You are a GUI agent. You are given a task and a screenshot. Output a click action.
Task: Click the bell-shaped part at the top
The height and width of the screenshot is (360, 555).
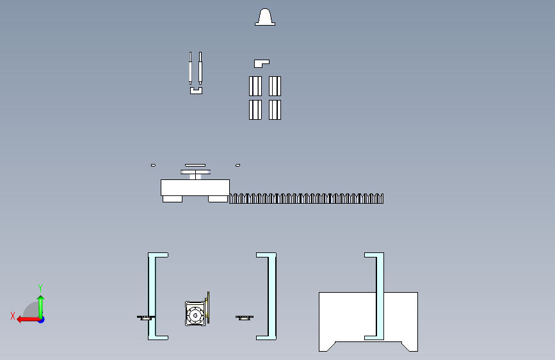[x=265, y=17]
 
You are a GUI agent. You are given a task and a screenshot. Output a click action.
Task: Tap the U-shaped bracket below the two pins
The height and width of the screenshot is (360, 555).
[x=196, y=92]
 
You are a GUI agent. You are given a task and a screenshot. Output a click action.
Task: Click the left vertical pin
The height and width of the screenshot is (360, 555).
[x=190, y=68]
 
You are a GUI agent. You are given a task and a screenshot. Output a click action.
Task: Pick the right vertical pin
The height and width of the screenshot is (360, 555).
[x=200, y=68]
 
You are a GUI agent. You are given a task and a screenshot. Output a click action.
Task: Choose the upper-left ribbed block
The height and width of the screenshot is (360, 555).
[x=255, y=86]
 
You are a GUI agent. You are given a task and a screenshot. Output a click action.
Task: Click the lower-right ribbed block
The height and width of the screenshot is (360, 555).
[x=275, y=110]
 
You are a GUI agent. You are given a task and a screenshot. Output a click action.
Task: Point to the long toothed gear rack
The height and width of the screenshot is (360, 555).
[x=306, y=199]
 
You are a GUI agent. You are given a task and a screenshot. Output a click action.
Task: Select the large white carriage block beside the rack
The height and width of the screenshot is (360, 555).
[x=195, y=188]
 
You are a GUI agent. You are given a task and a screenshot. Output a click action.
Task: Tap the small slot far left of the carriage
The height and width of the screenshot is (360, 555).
[x=153, y=165]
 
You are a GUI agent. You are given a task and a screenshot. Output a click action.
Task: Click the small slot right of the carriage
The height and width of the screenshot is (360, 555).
[x=238, y=165]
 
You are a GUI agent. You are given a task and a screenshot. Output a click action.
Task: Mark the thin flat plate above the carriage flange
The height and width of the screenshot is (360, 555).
[x=195, y=165]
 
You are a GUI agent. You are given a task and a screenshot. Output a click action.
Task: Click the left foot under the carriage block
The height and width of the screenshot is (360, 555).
[x=172, y=199]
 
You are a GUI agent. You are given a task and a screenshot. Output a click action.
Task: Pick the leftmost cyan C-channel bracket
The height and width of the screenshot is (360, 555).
[x=152, y=296]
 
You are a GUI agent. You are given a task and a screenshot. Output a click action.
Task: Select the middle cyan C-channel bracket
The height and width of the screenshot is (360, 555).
[x=272, y=296]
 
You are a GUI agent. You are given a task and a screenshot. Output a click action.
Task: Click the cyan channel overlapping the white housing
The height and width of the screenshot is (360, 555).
[x=380, y=296]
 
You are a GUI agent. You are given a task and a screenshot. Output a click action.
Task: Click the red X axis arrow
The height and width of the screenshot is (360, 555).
[x=29, y=320]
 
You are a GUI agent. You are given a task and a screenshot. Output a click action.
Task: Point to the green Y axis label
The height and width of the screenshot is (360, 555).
[x=40, y=288]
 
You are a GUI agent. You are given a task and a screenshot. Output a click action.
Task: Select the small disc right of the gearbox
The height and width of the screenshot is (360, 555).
[x=245, y=318]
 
